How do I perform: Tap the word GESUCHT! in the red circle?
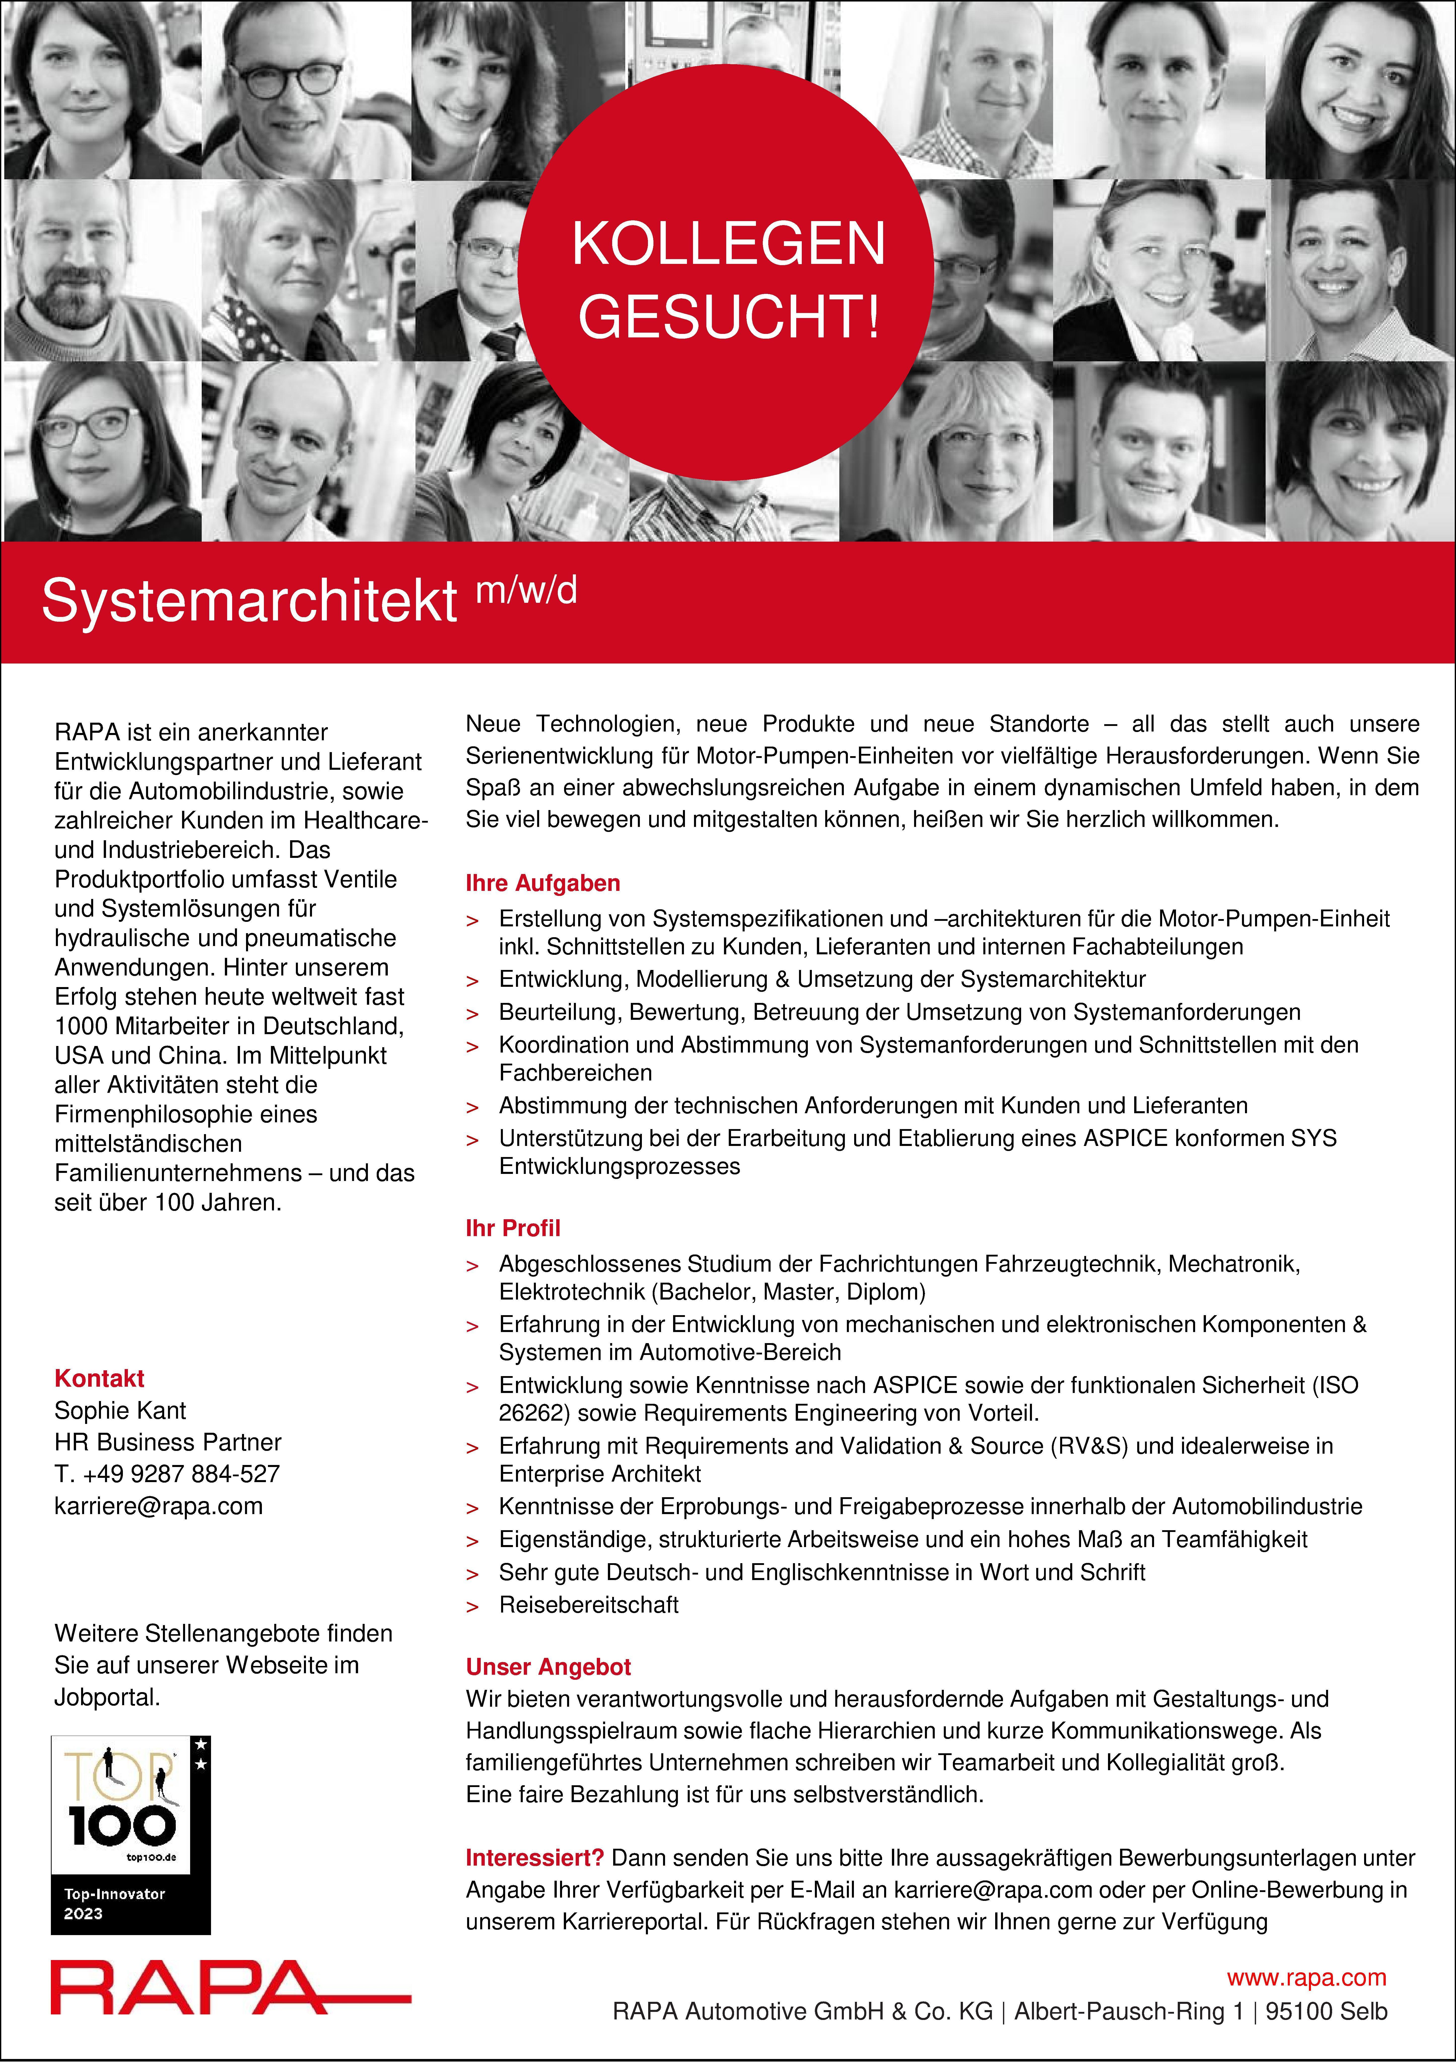pos(729,317)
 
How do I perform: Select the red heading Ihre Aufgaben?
pos(542,883)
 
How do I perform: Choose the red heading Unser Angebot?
pos(548,1667)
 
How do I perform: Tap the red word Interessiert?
pos(534,1857)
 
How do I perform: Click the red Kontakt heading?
pos(99,1379)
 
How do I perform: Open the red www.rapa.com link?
pos(1306,1977)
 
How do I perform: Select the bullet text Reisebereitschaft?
pos(588,1605)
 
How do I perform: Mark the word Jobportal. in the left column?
pos(107,1697)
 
